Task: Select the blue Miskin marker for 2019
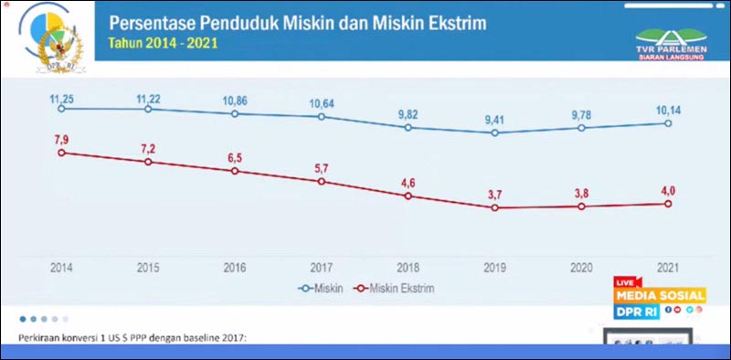tap(495, 132)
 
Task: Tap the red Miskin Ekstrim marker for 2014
tap(61, 153)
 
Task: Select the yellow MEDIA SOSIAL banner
tap(660, 295)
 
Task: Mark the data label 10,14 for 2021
tap(669, 109)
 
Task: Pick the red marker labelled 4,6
tap(408, 196)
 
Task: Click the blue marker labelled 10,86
tap(235, 113)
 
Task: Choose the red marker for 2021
tap(669, 204)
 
